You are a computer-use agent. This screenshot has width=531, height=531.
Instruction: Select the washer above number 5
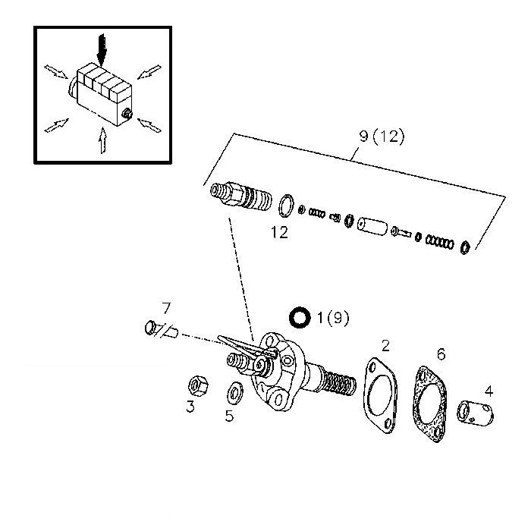pos(234,393)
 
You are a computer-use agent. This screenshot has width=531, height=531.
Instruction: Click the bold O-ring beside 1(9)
pos(300,318)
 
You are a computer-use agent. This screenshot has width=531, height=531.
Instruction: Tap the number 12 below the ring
pos(280,233)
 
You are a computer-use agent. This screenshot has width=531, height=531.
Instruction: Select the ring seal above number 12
pos(286,206)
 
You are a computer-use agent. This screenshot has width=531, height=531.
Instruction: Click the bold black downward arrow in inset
pos(103,52)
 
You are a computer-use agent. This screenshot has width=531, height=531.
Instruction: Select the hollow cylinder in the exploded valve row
pos(373,225)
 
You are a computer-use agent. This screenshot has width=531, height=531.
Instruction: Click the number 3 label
pos(190,407)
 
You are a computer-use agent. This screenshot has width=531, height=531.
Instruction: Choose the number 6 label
pos(440,354)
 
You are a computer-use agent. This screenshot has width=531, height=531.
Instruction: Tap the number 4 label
pos(489,392)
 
